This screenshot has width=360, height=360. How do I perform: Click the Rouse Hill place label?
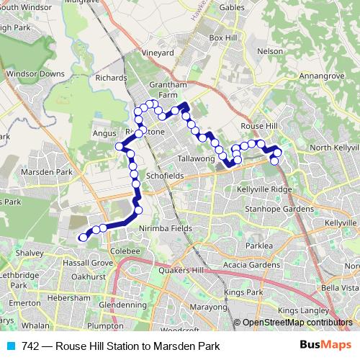[x=258, y=125]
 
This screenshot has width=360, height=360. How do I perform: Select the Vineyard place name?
[x=158, y=53]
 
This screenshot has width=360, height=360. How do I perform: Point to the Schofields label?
[x=163, y=175]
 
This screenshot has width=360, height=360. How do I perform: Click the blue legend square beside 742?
[x=12, y=346]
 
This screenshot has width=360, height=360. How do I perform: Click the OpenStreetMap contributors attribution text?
[x=297, y=323]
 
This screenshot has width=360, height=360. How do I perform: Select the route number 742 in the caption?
[x=31, y=346]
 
